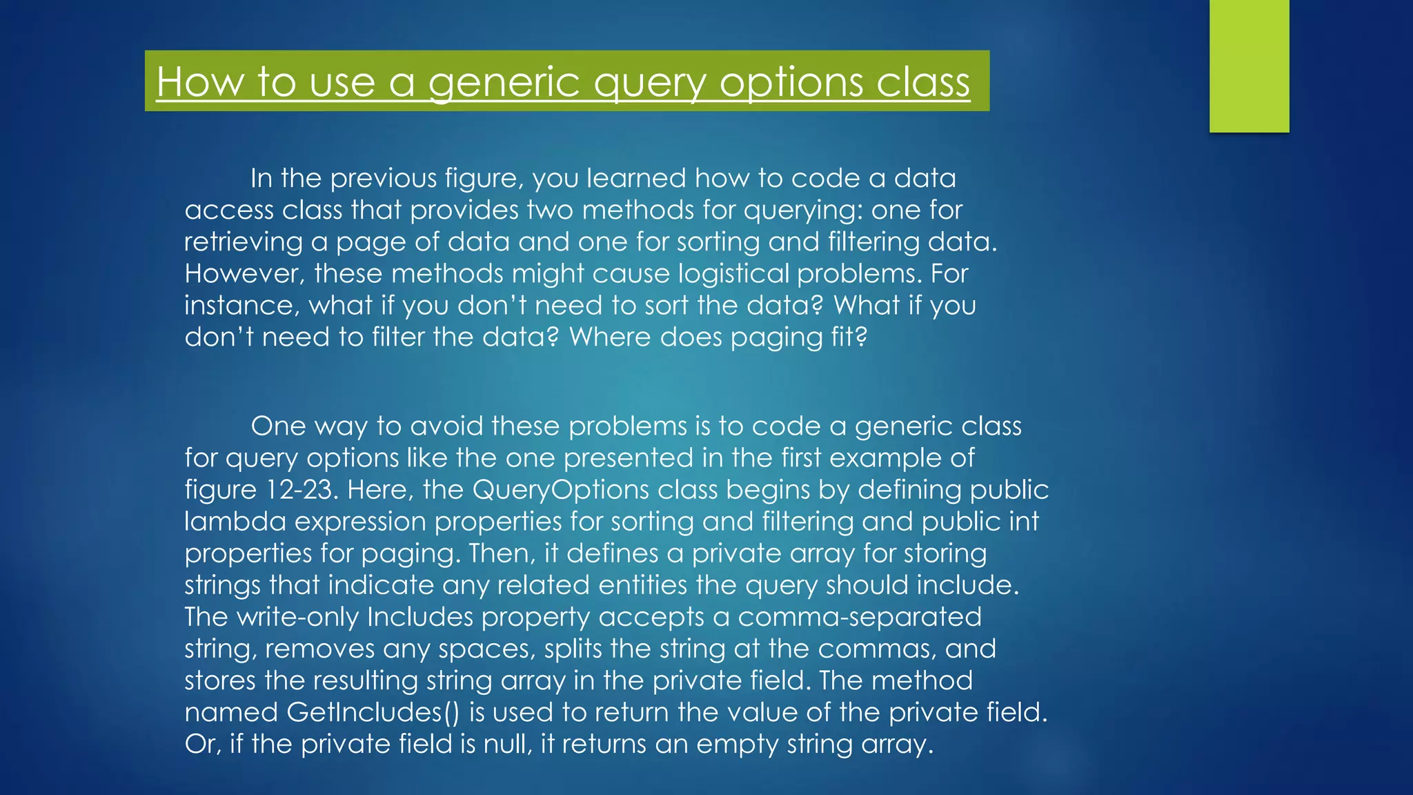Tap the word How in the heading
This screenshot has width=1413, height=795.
[x=199, y=82]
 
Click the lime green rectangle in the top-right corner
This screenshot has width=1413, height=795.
[x=1249, y=66]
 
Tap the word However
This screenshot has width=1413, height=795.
[x=244, y=274]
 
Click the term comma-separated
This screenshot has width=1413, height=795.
[x=859, y=617]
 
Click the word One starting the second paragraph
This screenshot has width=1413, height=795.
[x=278, y=426]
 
